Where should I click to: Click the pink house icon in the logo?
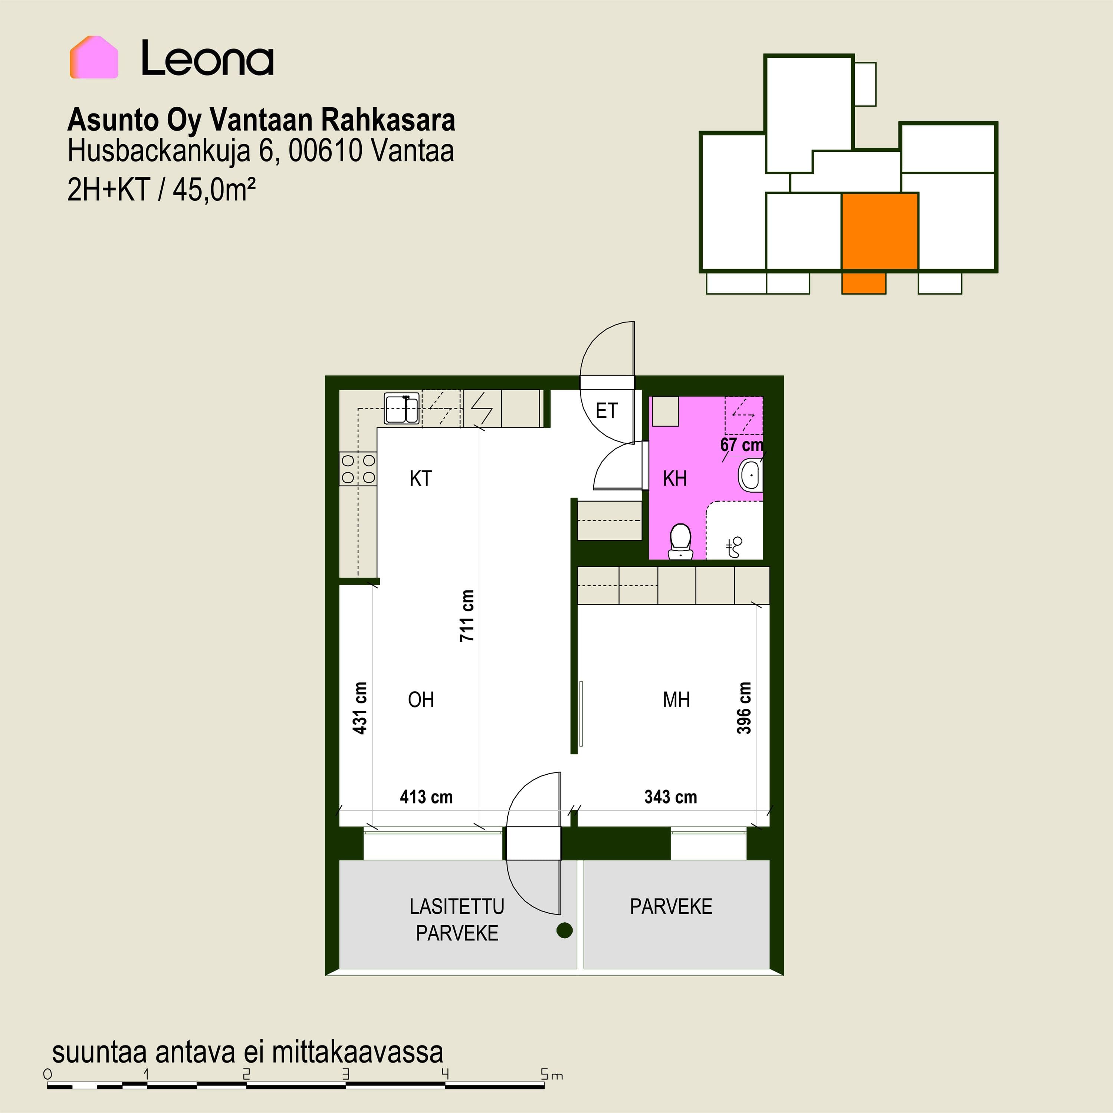coord(94,57)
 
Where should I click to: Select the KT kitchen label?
coord(421,478)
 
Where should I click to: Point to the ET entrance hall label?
coord(607,411)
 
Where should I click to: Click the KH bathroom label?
coord(674,478)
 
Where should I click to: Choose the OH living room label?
coord(421,700)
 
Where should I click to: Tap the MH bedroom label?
coord(676,700)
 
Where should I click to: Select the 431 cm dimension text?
coord(359,708)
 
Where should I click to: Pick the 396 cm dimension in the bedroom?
coord(744,708)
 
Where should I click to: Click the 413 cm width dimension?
coord(426,797)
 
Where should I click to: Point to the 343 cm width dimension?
coord(670,797)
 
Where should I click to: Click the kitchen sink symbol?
coord(401,409)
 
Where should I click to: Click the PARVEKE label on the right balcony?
coord(671,907)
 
